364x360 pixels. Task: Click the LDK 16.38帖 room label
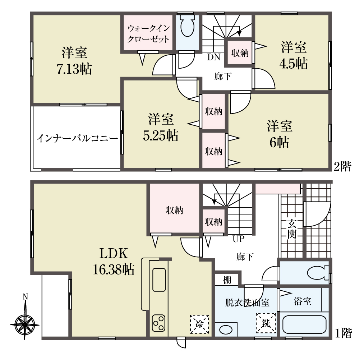[x=114, y=262]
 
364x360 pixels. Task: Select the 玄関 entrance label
[x=292, y=229]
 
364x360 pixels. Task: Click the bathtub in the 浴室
[x=304, y=324]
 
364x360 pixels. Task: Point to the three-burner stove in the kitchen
[x=159, y=323]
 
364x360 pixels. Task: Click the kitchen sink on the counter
[x=159, y=280]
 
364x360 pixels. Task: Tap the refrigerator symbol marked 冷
[x=199, y=324]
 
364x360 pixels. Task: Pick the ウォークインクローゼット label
[x=148, y=34]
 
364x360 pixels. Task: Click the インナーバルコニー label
[x=78, y=138]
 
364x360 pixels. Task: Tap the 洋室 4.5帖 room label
[x=294, y=55]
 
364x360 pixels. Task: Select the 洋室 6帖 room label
[x=280, y=134]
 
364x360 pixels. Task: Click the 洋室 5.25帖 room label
[x=161, y=128]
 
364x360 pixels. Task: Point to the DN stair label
[x=213, y=57]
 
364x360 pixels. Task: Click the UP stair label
[x=239, y=239]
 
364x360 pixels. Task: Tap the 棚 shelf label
[x=227, y=280]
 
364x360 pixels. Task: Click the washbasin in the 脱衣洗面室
[x=226, y=330]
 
